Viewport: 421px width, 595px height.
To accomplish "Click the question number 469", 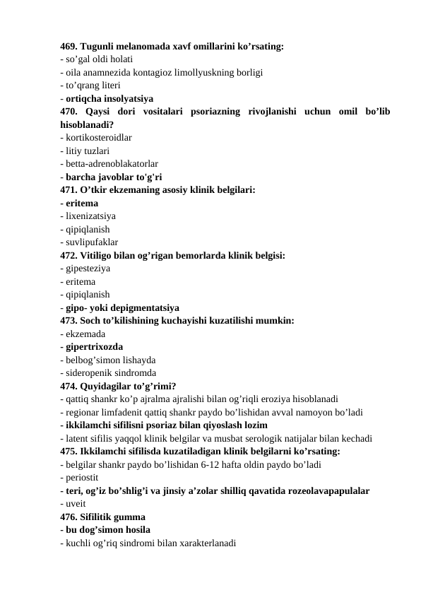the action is [69, 46].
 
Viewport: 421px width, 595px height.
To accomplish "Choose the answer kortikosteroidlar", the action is [98, 137].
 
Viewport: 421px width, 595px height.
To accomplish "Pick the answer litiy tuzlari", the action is [87, 151].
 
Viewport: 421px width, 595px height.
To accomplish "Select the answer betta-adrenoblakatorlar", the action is [111, 163].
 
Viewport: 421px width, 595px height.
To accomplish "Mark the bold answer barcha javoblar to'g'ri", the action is [117, 177].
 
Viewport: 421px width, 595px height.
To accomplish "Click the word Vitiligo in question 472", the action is [100, 255].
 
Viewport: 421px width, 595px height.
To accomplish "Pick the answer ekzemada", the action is [85, 334].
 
